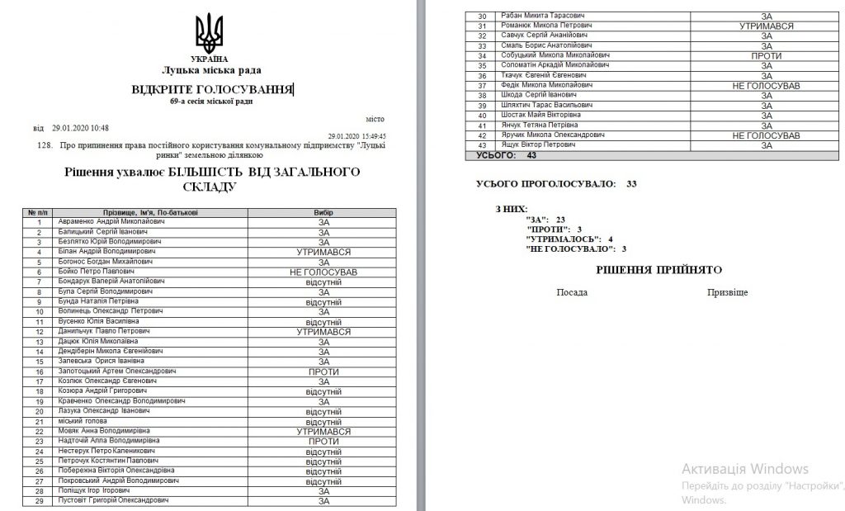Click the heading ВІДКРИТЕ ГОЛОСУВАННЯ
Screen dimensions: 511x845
click(212, 88)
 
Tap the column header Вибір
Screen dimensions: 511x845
click(323, 212)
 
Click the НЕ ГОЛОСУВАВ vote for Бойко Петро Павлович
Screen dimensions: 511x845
click(323, 272)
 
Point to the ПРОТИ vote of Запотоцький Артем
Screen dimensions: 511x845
click(323, 371)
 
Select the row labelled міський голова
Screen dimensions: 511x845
click(81, 421)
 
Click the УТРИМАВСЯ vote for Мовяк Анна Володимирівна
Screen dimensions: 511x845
click(323, 431)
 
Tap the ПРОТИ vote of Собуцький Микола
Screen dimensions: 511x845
click(767, 56)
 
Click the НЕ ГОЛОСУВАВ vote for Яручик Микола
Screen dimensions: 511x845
click(767, 135)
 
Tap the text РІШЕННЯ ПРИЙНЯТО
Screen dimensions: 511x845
click(659, 270)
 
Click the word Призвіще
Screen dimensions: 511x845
click(727, 293)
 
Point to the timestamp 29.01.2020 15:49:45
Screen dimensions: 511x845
click(356, 136)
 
